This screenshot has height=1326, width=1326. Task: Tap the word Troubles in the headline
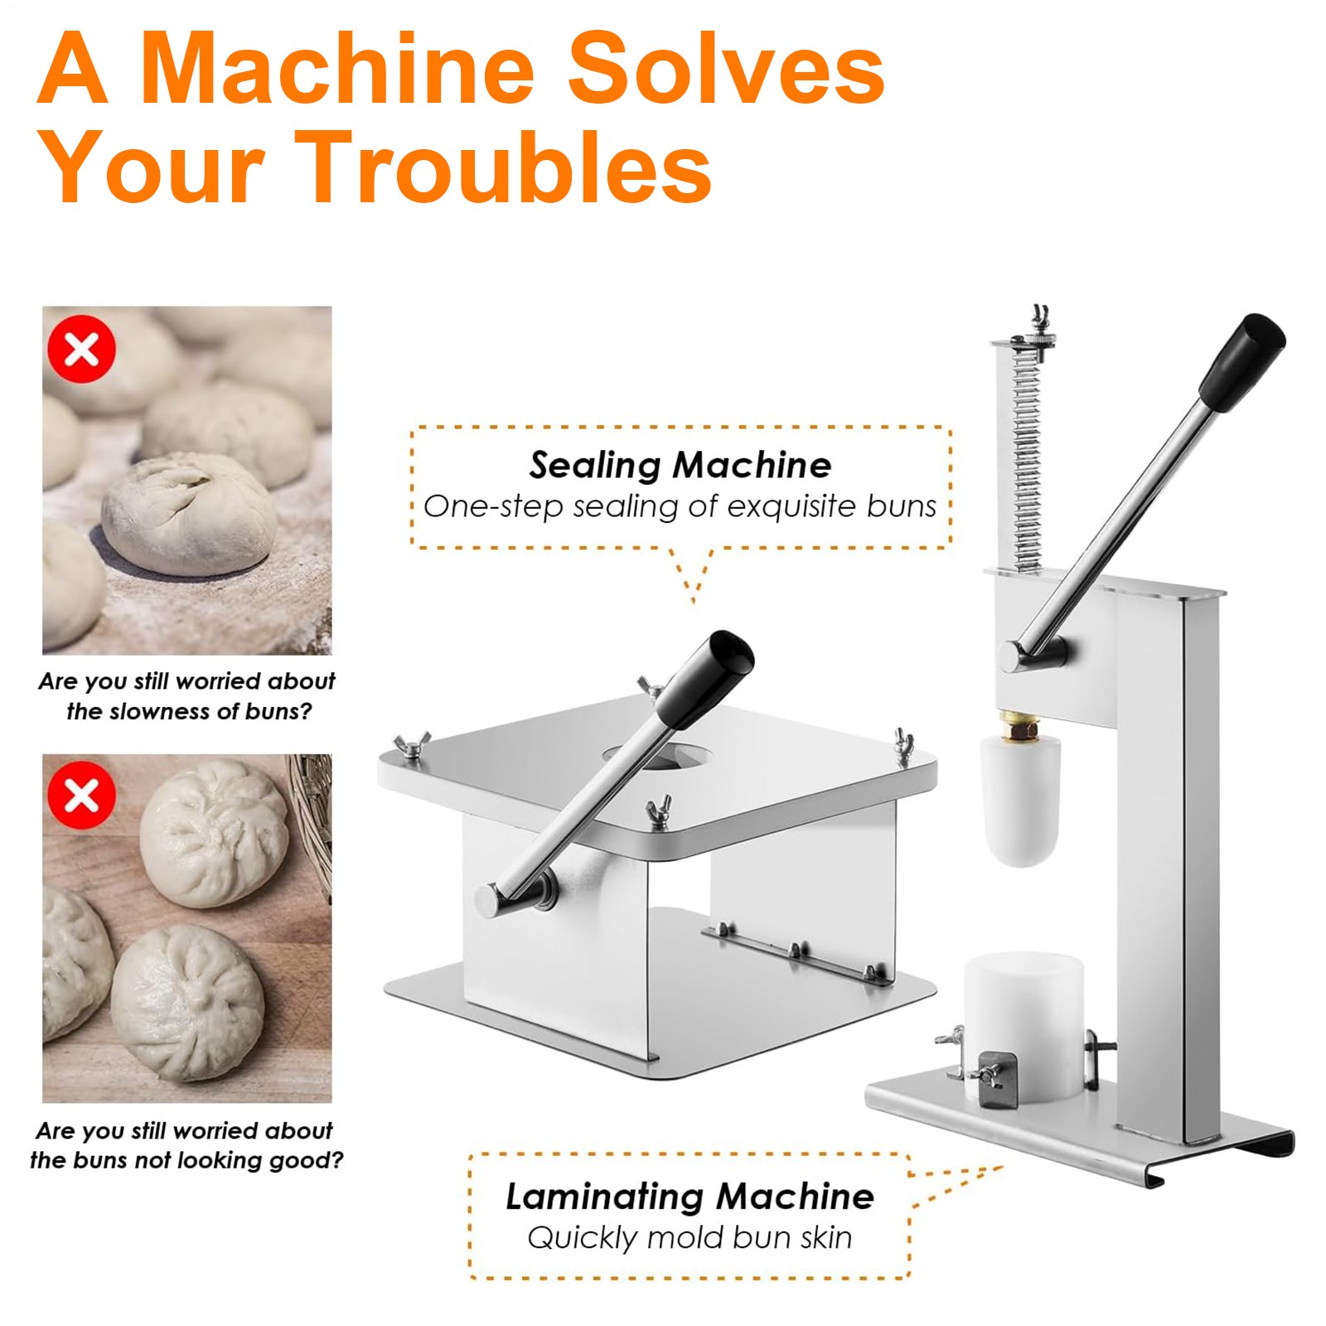pos(508,167)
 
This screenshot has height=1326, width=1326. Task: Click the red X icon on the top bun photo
pos(81,349)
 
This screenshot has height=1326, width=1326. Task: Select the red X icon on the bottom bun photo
pos(81,796)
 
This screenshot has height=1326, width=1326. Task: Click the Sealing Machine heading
pos(680,465)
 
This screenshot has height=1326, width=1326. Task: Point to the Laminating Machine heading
pos(690,1197)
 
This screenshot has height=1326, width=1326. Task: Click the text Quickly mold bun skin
pos(690,1238)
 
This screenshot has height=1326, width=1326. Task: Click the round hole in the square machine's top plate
pos(656,756)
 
